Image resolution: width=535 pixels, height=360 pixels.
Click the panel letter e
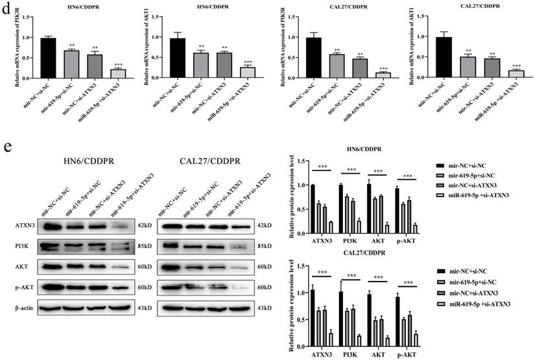click(x=8, y=145)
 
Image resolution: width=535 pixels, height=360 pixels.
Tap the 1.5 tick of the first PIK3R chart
click(x=29, y=15)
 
